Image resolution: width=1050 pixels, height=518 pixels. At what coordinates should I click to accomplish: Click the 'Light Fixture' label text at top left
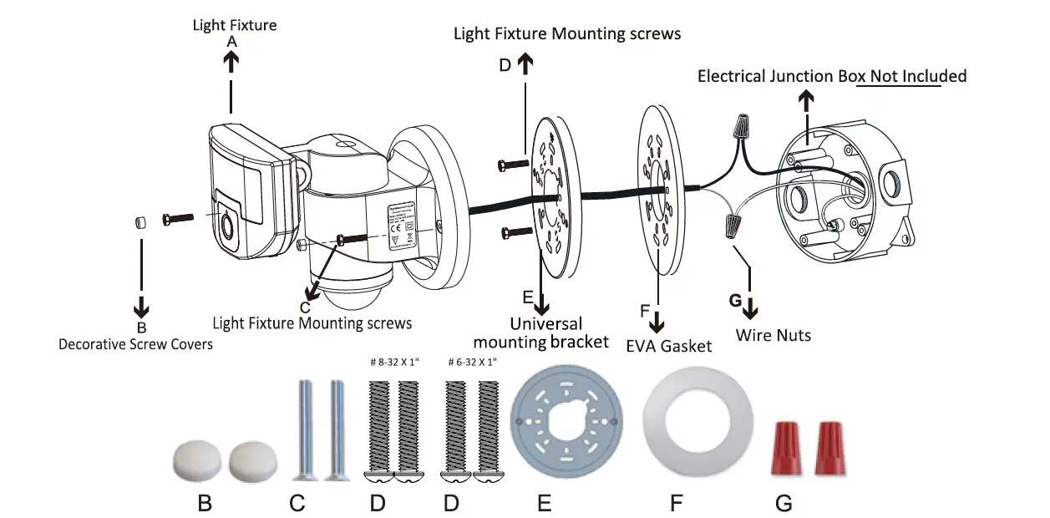click(x=234, y=25)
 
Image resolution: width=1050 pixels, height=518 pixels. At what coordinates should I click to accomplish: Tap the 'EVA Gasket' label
click(x=668, y=345)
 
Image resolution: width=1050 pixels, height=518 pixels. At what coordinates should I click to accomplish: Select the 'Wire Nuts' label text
click(x=773, y=335)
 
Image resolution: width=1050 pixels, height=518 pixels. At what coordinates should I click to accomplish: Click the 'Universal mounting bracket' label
click(x=540, y=333)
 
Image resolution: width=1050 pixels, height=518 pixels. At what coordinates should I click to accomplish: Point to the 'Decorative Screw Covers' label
click(x=135, y=343)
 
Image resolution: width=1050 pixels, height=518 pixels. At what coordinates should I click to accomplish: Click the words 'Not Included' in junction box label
click(x=918, y=76)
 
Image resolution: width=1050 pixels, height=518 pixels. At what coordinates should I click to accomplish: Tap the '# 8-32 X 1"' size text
click(x=394, y=363)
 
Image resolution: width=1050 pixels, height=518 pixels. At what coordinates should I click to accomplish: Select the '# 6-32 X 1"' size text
click(x=472, y=363)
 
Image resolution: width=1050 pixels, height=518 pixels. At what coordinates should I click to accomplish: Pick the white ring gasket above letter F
click(x=676, y=423)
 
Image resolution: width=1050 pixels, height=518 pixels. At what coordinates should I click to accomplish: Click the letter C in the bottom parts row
click(x=297, y=504)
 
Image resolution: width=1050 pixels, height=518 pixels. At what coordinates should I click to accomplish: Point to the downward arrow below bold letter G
click(x=750, y=307)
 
